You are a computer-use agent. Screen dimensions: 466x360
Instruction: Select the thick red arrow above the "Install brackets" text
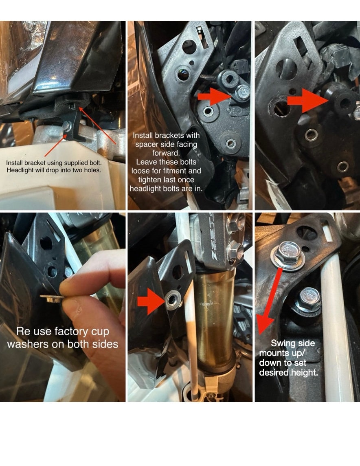[214, 97]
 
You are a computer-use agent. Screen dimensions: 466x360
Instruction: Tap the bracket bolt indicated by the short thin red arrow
[68, 128]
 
